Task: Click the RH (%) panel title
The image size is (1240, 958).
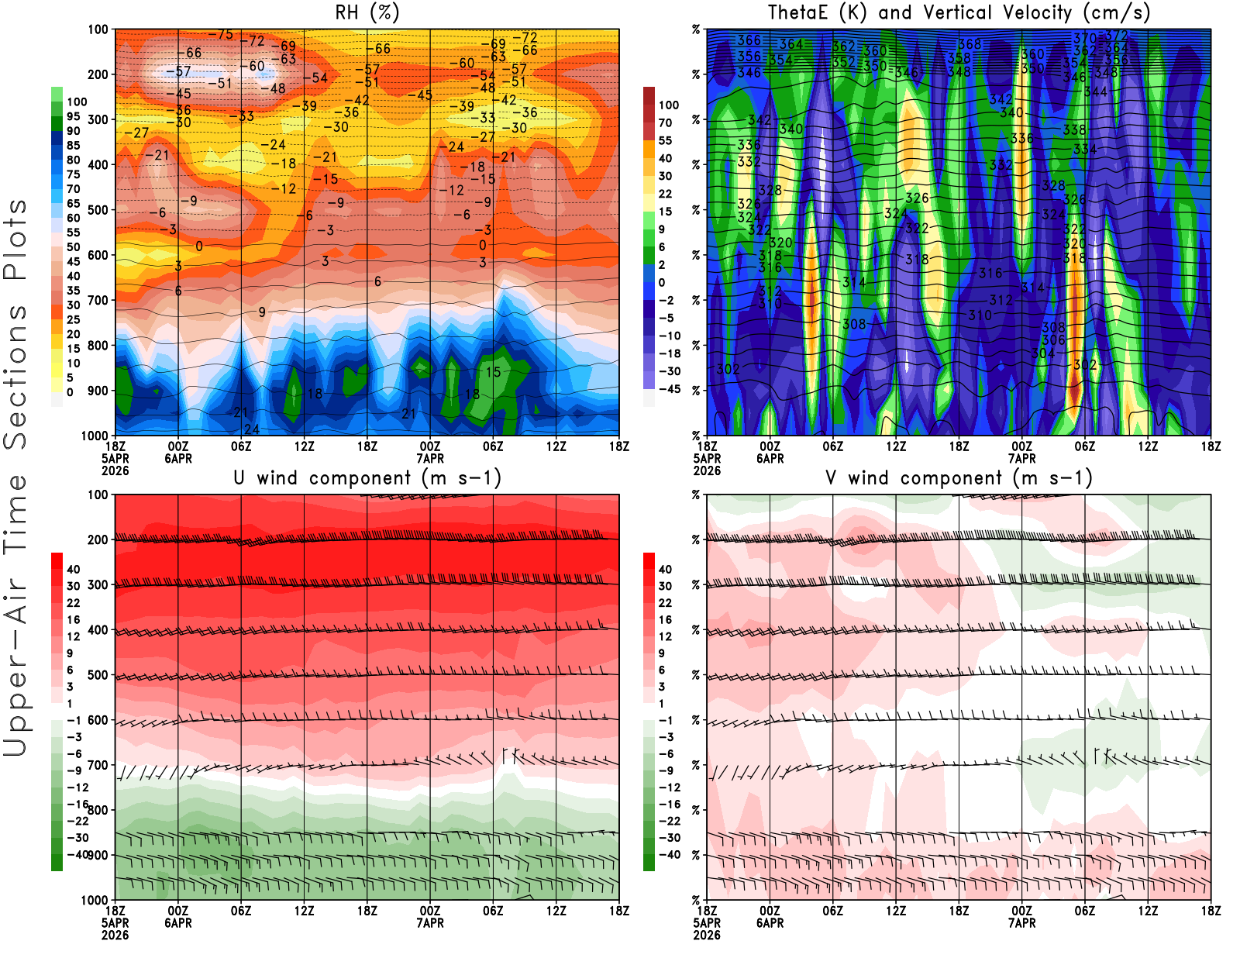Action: coord(367,12)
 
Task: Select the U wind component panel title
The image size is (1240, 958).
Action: coord(367,477)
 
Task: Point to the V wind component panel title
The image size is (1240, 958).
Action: coord(959,477)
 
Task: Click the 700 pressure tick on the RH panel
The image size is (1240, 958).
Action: coord(98,300)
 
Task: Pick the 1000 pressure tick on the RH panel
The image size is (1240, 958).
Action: coord(95,436)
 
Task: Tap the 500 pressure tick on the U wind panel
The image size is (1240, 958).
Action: coord(98,675)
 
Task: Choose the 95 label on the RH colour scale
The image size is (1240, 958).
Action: coord(73,116)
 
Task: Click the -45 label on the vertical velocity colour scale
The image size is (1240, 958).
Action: coord(668,389)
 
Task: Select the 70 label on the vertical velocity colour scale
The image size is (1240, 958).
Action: coord(665,122)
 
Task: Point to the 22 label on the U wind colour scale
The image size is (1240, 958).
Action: coord(73,603)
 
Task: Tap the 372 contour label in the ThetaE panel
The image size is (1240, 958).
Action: coord(1116,36)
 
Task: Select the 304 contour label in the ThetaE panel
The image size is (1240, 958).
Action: coord(1043,353)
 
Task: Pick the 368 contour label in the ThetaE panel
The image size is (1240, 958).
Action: coord(970,44)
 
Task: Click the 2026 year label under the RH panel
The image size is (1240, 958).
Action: coord(115,470)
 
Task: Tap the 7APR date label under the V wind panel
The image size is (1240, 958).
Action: coord(1021,923)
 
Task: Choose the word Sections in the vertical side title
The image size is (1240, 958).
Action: coord(15,376)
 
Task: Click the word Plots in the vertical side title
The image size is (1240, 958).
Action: coord(15,240)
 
